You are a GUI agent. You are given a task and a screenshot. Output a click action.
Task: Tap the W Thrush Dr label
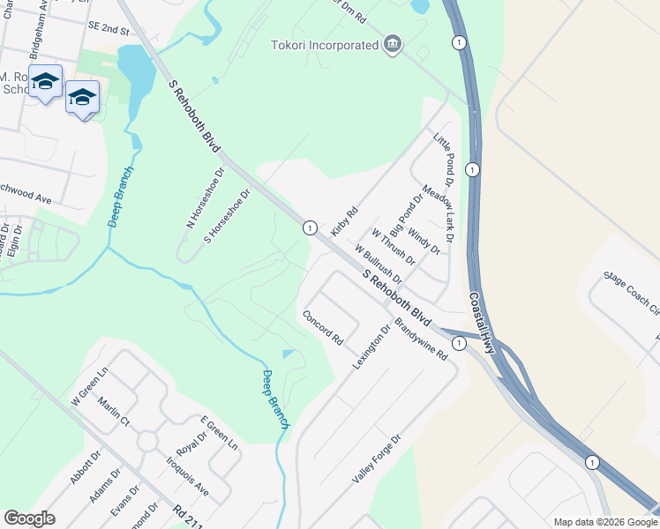coord(394,247)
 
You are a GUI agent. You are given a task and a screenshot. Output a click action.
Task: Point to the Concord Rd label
coord(322,327)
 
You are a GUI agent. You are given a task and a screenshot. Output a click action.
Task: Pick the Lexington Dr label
coord(371,347)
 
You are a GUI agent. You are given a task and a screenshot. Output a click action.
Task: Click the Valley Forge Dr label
coord(377,458)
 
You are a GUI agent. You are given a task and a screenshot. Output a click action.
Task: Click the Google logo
coord(29,518)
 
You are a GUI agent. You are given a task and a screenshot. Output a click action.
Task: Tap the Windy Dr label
coord(424,240)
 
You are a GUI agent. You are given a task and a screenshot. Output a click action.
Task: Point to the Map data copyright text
coord(604,522)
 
